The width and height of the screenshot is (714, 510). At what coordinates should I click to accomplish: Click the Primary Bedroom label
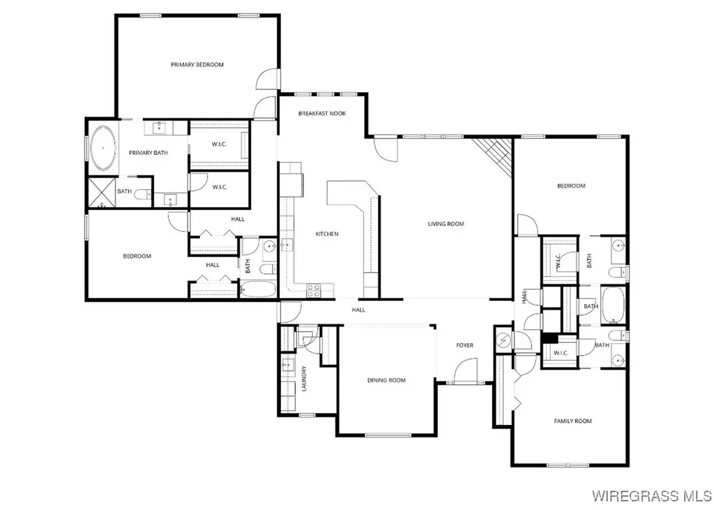pos(197,65)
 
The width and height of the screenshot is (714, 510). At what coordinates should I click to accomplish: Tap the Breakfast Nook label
pos(322,113)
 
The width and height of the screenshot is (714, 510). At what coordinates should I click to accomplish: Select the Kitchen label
pos(327,234)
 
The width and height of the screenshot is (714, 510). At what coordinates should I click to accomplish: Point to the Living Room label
pos(446,224)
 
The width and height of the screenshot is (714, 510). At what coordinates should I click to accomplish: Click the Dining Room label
pos(386,380)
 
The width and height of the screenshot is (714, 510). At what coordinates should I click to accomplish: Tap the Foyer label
pos(465,345)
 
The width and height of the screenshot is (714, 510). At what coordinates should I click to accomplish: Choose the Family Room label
pos(572,421)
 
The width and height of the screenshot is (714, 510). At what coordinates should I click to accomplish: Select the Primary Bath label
pos(145,153)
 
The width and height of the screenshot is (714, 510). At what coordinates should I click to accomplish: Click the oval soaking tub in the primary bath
pos(103,148)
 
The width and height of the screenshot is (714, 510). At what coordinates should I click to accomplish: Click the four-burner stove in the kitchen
pos(313,290)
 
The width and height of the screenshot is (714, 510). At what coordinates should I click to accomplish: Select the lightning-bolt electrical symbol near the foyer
pos(503,341)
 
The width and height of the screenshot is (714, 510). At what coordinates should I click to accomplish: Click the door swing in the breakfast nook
pos(386,149)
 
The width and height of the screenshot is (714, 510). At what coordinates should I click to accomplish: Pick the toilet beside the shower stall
pos(143,195)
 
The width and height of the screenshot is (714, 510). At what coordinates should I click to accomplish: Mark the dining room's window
pos(388,436)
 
